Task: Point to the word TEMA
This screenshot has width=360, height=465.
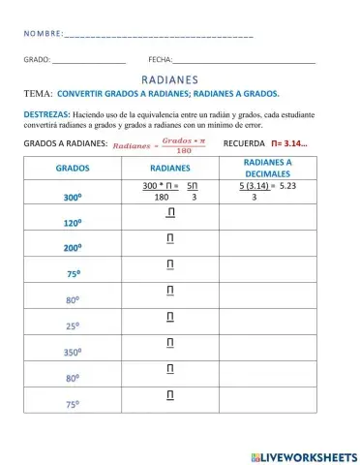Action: (x=36, y=94)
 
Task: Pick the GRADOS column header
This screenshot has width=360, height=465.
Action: (x=73, y=167)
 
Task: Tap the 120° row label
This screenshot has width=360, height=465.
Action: (x=73, y=222)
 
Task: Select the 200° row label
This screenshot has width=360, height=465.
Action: (x=73, y=248)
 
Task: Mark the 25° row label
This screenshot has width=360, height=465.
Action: (x=73, y=326)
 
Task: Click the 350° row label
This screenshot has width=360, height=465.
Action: (x=73, y=353)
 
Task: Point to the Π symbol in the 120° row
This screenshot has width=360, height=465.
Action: (x=170, y=212)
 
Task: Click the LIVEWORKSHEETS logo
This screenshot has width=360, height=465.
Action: (x=303, y=454)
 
